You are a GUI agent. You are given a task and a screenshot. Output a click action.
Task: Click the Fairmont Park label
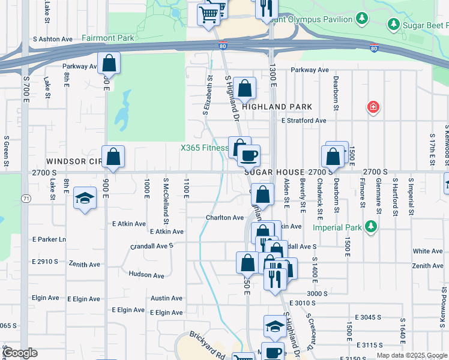pyautogui.click(x=107, y=38)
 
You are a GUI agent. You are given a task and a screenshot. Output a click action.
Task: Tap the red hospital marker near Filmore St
pyautogui.click(x=373, y=107)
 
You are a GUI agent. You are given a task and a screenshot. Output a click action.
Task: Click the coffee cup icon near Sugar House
pyautogui.click(x=249, y=156)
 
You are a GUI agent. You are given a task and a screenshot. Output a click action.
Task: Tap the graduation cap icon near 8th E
pyautogui.click(x=85, y=199)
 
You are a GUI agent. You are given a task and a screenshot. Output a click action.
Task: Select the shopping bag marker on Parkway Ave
pyautogui.click(x=109, y=62)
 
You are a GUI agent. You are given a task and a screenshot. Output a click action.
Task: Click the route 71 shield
pyautogui.click(x=25, y=198)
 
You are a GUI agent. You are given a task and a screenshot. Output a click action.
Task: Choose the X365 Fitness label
pyautogui.click(x=204, y=148)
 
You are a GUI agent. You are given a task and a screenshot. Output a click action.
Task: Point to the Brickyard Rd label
pyautogui.click(x=206, y=338)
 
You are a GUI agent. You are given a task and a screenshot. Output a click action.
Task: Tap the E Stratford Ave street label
pyautogui.click(x=304, y=121)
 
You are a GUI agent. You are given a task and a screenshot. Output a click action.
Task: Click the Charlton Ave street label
pyautogui.click(x=225, y=218)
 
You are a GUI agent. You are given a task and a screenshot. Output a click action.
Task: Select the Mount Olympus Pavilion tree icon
pyautogui.click(x=362, y=19)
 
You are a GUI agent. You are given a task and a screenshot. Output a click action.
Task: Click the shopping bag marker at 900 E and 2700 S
pyautogui.click(x=113, y=157)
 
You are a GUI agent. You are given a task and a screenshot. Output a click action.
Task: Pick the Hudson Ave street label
pyautogui.click(x=146, y=276)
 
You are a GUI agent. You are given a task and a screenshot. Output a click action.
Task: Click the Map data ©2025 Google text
pyautogui.click(x=411, y=355)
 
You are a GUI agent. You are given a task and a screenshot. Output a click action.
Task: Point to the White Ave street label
pyautogui.click(x=428, y=251)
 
